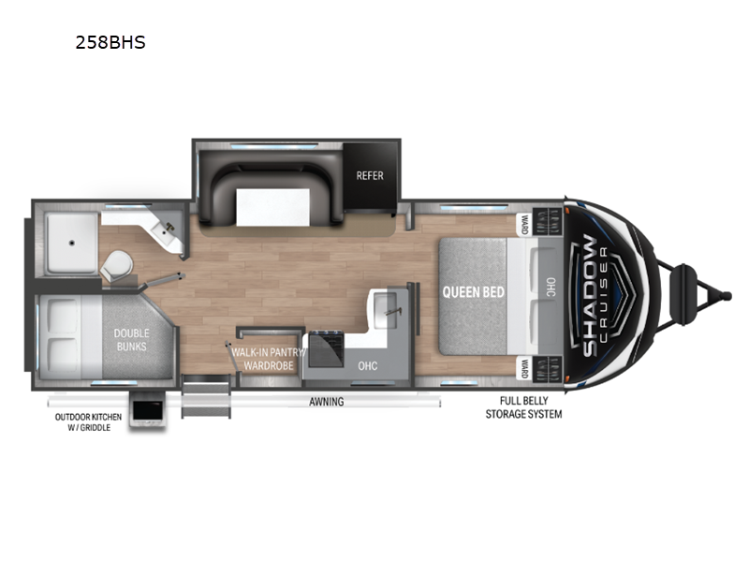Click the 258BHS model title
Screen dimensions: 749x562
(110, 42)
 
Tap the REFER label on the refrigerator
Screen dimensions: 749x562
(370, 176)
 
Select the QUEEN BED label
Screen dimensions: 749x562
(474, 291)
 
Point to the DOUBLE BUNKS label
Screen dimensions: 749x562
(131, 340)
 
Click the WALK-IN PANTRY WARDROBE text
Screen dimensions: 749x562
(269, 359)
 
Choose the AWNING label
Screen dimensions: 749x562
(326, 402)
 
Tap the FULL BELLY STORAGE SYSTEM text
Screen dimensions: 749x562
(523, 407)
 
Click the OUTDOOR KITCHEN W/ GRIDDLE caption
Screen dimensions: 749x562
(88, 422)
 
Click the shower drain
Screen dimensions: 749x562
(72, 243)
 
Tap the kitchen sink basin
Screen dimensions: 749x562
(386, 311)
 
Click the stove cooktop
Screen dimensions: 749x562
(326, 349)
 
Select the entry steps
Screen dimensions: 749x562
(206, 396)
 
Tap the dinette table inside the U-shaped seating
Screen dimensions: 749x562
(272, 207)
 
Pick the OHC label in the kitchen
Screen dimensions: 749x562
(368, 366)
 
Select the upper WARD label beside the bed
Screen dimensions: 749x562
(525, 224)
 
